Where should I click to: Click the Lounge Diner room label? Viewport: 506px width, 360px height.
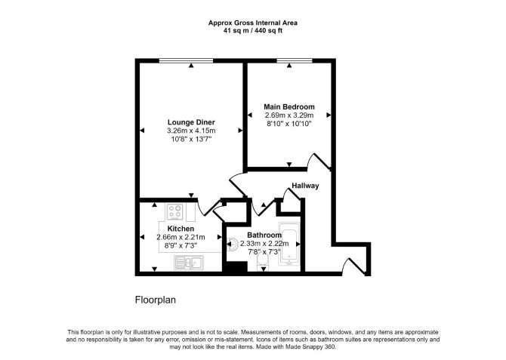coord(191,122)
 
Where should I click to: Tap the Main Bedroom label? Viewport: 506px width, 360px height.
coord(289,106)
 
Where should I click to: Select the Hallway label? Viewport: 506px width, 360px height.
coord(305,186)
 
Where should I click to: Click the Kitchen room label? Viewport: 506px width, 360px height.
coord(180,229)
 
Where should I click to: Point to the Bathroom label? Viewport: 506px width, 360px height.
coord(264,235)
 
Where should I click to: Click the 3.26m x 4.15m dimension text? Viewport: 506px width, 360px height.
coord(191,131)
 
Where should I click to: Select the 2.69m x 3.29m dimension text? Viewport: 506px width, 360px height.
coord(289,115)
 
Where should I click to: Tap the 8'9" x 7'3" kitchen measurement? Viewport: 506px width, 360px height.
coord(180,245)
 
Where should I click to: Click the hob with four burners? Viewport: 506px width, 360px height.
coord(175,212)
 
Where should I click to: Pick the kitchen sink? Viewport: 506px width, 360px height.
coord(189,262)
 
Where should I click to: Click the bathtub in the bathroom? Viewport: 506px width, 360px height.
coord(289,244)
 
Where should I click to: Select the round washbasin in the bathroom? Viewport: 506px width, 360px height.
coord(233,244)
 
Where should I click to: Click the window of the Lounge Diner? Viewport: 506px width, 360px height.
coord(187,60)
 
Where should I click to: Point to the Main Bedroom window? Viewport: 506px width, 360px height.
coord(295,60)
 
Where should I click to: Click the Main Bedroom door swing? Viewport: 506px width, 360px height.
coord(319,161)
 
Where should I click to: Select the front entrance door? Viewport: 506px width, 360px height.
coord(355,266)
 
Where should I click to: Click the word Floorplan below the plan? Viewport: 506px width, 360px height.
coord(156,300)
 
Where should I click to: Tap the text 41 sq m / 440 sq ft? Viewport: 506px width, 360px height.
coord(253,31)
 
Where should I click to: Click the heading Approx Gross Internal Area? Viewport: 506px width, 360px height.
coord(253,23)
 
